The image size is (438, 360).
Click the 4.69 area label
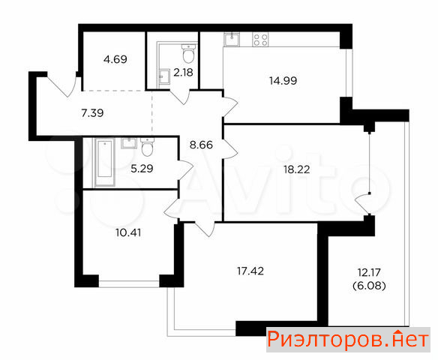(x=115, y=59)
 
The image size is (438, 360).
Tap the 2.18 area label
(x=183, y=73)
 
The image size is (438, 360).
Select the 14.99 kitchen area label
(x=283, y=81)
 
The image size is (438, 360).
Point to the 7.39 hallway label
(x=92, y=113)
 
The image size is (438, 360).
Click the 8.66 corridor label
(x=201, y=145)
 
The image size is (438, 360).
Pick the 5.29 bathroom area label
(x=142, y=169)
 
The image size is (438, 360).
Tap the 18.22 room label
(x=297, y=169)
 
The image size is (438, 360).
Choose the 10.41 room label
(x=128, y=232)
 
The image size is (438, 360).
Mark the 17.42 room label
(x=250, y=271)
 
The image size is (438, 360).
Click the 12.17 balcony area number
(x=369, y=272)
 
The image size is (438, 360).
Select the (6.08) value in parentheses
(x=369, y=286)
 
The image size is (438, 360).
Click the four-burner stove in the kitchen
(x=260, y=40)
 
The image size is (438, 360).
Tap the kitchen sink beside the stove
(x=232, y=40)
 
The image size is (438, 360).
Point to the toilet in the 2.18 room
(x=188, y=53)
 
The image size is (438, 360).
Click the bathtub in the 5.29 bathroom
(x=105, y=162)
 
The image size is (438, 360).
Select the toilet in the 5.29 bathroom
(x=147, y=147)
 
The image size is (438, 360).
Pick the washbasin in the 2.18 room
(x=164, y=76)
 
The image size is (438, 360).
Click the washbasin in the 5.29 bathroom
(x=129, y=143)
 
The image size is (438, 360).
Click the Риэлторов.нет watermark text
(x=348, y=340)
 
